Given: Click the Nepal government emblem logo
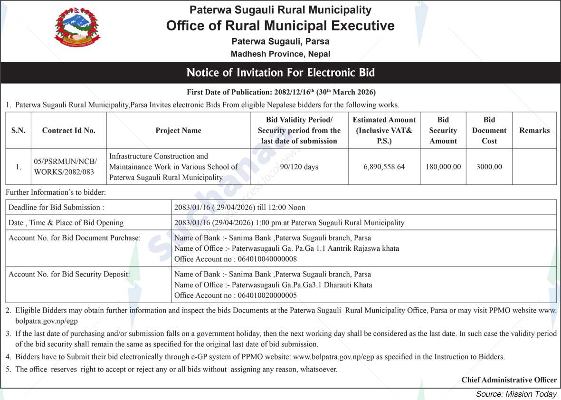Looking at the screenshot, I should coord(78,28).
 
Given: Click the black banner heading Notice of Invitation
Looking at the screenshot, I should coord(280,73).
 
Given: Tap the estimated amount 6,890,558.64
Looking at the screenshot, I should coord(384,167).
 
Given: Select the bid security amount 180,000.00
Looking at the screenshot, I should coord(443,167).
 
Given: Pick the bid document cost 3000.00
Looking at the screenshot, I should coord(489,167).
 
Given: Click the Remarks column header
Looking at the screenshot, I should coord(534,130).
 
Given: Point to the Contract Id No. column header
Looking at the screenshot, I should coord(68,130).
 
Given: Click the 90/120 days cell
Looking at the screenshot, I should coord(299,167).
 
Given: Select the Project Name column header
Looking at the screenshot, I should coord(178,130).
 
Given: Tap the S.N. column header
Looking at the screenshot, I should coord(18,130).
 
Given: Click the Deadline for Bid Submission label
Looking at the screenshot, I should coord(56,207).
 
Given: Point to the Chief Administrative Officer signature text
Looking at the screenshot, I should coord(509,380).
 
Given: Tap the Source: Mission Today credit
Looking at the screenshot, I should coord(516,394).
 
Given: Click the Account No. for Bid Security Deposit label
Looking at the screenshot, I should coord(69,274).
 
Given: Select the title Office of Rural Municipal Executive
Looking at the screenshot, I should coord(280,25).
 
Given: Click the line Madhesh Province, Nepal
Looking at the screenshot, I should coord(280,54).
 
